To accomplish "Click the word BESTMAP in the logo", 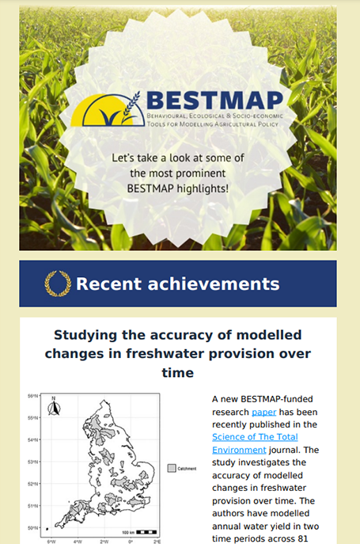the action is coord(214,101).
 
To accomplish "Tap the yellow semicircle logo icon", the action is coord(108,110).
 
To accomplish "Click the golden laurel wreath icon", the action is coord(58,283).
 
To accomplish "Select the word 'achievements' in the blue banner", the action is coord(214,283).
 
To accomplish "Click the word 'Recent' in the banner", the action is coord(109,283).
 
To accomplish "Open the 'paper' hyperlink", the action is coord(264,412).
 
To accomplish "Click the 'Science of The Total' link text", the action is coord(255,437).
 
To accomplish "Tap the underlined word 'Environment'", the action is coord(239,450).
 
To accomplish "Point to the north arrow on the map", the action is coord(54,406).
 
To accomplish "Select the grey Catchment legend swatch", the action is coord(172,468).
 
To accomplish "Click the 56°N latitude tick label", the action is coord(33,396).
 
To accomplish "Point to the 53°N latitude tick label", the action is coord(33,462).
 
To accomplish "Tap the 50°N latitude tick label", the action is coord(33,527).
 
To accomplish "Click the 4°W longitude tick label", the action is coord(78,541).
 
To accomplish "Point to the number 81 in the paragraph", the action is coord(302,538).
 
